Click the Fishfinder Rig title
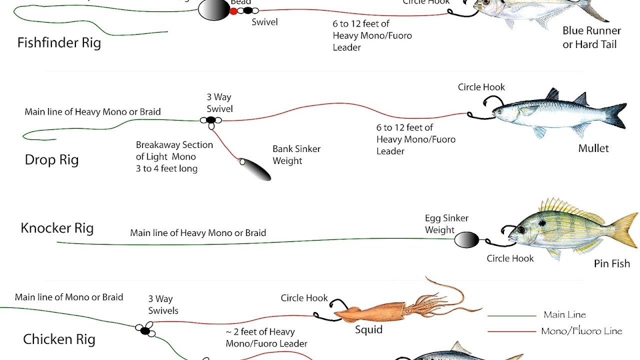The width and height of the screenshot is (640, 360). click(x=59, y=42)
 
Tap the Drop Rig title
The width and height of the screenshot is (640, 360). click(x=51, y=160)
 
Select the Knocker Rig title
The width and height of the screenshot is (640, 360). click(x=57, y=228)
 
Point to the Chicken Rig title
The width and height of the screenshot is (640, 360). click(x=59, y=339)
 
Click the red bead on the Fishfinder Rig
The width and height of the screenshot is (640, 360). click(x=233, y=11)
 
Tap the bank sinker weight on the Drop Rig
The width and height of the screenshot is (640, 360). click(x=255, y=169)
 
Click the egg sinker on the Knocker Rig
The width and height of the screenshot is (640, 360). click(x=466, y=240)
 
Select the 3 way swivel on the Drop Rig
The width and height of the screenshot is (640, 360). click(x=211, y=120)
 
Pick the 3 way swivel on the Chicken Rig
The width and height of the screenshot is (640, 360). click(x=145, y=329)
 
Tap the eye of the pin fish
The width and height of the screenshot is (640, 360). click(x=521, y=230)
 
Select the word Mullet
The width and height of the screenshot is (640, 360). click(x=593, y=148)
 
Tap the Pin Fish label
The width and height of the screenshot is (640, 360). click(x=611, y=263)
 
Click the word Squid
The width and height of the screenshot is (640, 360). click(x=368, y=329)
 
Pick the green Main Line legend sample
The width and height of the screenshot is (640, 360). click(x=511, y=316)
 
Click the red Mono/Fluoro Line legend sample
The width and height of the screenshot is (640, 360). click(x=511, y=331)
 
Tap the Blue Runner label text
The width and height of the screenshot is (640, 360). click(x=591, y=30)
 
